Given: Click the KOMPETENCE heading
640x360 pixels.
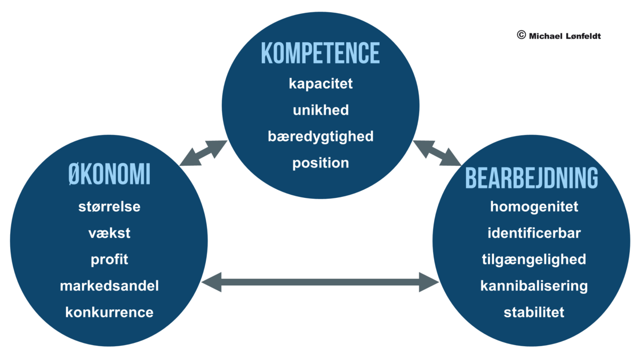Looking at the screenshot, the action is [321, 53].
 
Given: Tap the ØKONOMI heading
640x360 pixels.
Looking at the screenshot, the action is [109, 174].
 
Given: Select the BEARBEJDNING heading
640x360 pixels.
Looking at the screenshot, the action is [531, 178].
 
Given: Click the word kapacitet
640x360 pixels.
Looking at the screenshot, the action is [321, 84].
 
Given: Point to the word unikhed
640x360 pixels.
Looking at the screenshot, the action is [321, 110].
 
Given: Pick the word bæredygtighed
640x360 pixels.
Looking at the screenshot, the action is [321, 137].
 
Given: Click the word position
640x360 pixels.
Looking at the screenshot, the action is [321, 163].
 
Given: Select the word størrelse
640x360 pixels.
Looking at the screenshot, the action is [109, 207].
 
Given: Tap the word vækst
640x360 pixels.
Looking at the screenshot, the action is [109, 234].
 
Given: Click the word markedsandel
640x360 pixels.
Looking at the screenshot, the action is [109, 286].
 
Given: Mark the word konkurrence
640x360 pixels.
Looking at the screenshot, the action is [109, 313].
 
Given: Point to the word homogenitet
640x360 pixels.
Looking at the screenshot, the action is [534, 207].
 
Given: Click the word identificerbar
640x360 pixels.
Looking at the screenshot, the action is [534, 233].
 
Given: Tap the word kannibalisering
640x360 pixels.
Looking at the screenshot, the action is [534, 286].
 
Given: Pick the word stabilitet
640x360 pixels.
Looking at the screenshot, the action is [534, 313].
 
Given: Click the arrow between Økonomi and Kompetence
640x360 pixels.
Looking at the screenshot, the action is [203, 153].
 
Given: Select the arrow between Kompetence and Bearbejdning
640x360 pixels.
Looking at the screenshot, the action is [437, 153].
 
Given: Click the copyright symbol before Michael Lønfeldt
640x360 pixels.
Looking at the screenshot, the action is [522, 35].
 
